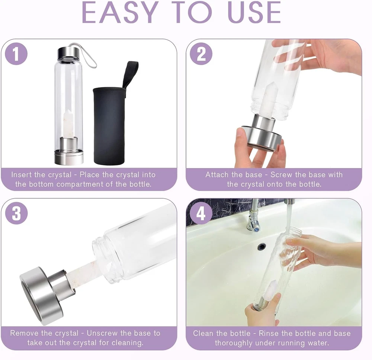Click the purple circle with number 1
16,54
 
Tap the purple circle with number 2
201,54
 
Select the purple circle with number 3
16,213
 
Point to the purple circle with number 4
201,213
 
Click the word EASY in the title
120,13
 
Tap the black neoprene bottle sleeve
109,126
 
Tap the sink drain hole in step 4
261,247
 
